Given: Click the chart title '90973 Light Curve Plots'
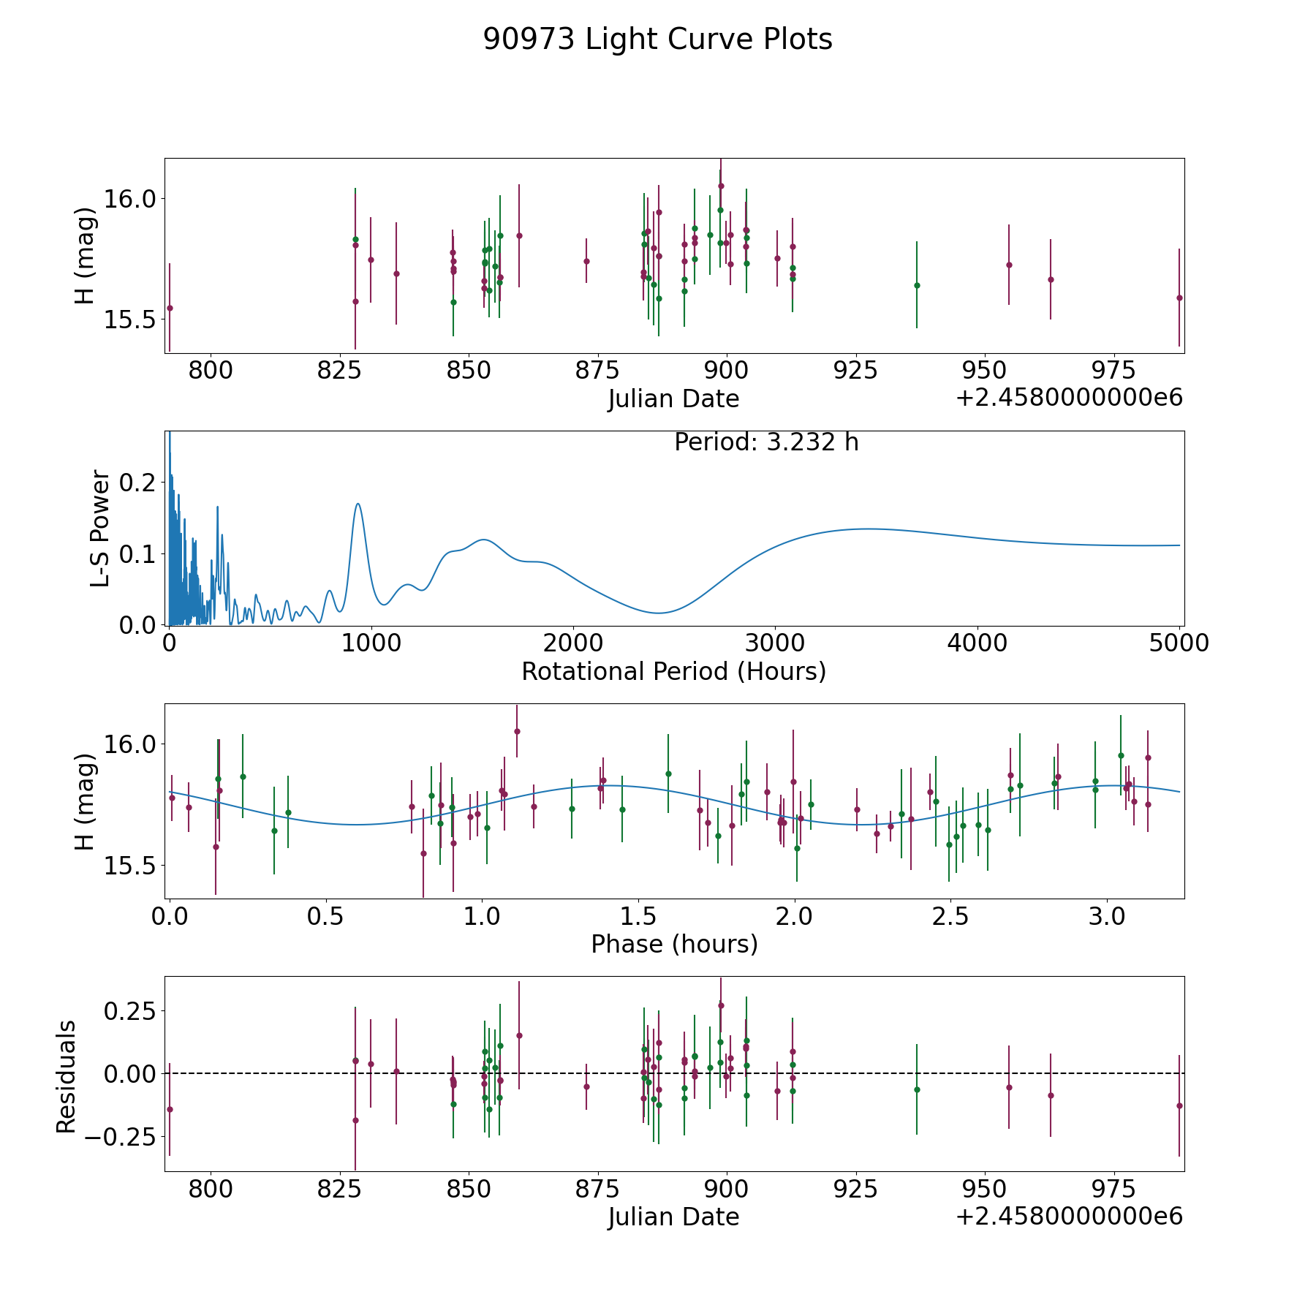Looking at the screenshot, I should coord(657,39).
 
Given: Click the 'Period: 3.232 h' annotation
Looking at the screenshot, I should coord(766,442).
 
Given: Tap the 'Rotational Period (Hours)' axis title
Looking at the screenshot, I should coord(673,671).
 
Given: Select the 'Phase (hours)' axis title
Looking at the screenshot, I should coord(674,944).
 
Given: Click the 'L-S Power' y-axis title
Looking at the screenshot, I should coord(100,528).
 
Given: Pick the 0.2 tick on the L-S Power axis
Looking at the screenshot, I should coord(138,483).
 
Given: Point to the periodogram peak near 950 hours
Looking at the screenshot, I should coord(358,504).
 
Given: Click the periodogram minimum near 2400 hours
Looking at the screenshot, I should coord(659,613).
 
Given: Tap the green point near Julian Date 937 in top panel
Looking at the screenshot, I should coord(917,285).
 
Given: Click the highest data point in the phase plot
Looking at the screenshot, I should coord(517,731).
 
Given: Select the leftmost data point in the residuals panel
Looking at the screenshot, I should coord(170,1109).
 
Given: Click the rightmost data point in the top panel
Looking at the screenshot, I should coord(1179,298).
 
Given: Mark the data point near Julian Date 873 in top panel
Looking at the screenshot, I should coord(586,261).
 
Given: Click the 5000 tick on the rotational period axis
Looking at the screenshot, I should coord(1179,643).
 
